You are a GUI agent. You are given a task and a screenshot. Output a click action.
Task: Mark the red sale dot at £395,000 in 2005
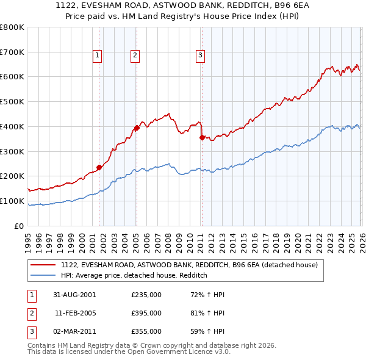coord(137,128)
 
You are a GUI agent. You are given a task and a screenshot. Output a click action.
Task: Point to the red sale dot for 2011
coord(201,137)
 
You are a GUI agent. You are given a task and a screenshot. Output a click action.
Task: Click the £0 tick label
coord(19,226)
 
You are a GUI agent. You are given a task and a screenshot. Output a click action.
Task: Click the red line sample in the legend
coord(43,265)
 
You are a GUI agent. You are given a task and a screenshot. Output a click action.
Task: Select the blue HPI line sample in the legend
coord(43,276)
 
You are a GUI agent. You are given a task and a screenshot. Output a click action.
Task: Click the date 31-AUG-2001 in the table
coord(75,295)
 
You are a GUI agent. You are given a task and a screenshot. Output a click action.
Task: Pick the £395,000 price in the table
coord(146,313)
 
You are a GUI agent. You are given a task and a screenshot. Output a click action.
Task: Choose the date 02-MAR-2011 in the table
coord(75,331)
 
